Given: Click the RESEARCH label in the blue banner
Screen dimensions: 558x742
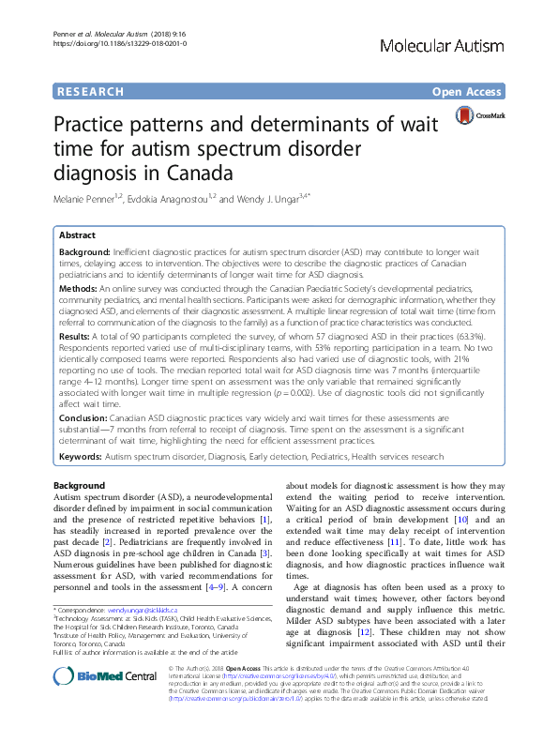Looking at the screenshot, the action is [90, 92].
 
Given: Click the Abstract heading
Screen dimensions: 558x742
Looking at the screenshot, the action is [78, 235].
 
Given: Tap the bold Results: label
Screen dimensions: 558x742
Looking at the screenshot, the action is [78, 336].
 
